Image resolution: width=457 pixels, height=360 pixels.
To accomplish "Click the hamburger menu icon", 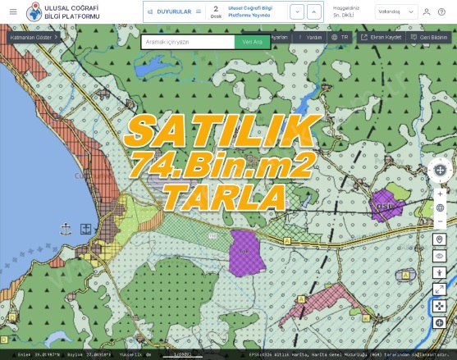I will [x=12, y=11].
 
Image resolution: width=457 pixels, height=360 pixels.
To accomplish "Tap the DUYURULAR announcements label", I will [x=173, y=11].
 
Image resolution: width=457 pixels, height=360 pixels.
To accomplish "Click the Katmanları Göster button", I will [x=34, y=38].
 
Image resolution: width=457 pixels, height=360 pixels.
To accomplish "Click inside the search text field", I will [x=187, y=42].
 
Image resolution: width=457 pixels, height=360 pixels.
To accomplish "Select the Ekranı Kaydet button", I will [x=381, y=38].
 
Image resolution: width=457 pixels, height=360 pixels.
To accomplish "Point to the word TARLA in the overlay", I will [x=223, y=197].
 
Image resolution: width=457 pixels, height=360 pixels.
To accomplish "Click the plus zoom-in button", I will [x=440, y=194].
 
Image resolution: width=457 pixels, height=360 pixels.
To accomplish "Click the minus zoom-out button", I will [x=440, y=221].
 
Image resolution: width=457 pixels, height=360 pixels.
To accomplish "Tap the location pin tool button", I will [x=440, y=239].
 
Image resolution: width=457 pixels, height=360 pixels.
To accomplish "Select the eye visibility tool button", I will [x=440, y=256].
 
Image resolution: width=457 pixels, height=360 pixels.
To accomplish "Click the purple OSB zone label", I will [x=383, y=206].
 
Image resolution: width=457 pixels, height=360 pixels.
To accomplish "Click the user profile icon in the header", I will [x=426, y=11].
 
